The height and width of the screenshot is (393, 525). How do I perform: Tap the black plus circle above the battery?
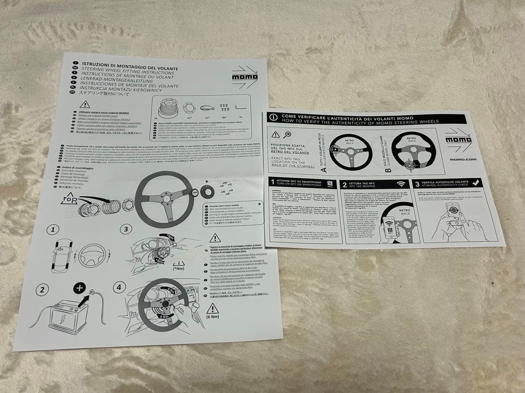[x=80, y=289]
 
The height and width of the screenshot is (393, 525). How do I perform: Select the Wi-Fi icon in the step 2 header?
[x=401, y=184]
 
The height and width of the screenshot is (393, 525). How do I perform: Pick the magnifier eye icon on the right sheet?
[x=288, y=135]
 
